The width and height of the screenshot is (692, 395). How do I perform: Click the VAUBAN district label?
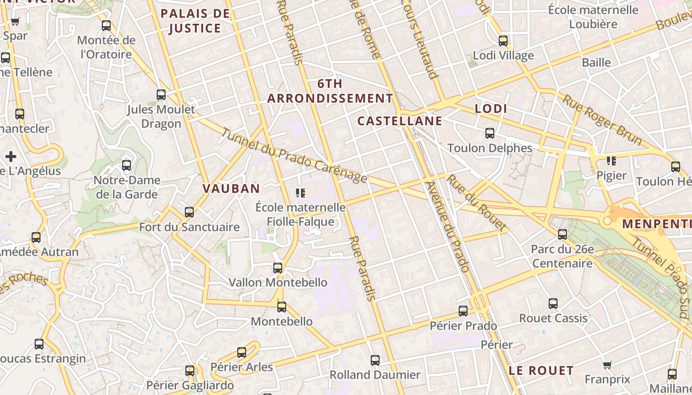pyautogui.click(x=231, y=188)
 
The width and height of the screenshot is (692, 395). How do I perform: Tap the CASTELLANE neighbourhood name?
pyautogui.click(x=399, y=121)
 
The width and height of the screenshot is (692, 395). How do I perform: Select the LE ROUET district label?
pyautogui.click(x=541, y=370)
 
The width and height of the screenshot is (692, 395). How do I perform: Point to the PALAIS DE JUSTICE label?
pyautogui.click(x=195, y=21)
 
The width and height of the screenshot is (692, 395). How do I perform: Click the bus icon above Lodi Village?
pyautogui.click(x=503, y=40)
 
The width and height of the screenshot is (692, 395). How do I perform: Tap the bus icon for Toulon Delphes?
pyautogui.click(x=489, y=133)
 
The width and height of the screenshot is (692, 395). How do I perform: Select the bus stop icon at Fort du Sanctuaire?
pyautogui.click(x=189, y=212)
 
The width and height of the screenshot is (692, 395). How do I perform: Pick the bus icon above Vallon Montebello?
pyautogui.click(x=278, y=268)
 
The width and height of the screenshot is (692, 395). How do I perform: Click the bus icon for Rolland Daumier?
pyautogui.click(x=375, y=360)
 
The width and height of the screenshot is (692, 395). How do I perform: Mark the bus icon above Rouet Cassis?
pyautogui.click(x=553, y=304)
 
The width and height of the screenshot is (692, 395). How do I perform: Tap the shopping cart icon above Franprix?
pyautogui.click(x=607, y=365)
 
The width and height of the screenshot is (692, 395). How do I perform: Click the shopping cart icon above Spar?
pyautogui.click(x=15, y=21)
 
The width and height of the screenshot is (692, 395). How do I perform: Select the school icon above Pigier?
pyautogui.click(x=611, y=160)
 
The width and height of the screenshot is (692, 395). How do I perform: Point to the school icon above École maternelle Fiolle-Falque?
pyautogui.click(x=300, y=193)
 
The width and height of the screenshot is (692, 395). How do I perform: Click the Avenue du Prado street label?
pyautogui.click(x=447, y=227)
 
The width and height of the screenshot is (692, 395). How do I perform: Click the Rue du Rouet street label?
pyautogui.click(x=476, y=203)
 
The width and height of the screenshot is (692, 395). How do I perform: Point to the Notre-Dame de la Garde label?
pyautogui.click(x=127, y=187)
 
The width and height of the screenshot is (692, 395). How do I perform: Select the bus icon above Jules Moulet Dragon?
pyautogui.click(x=161, y=94)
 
